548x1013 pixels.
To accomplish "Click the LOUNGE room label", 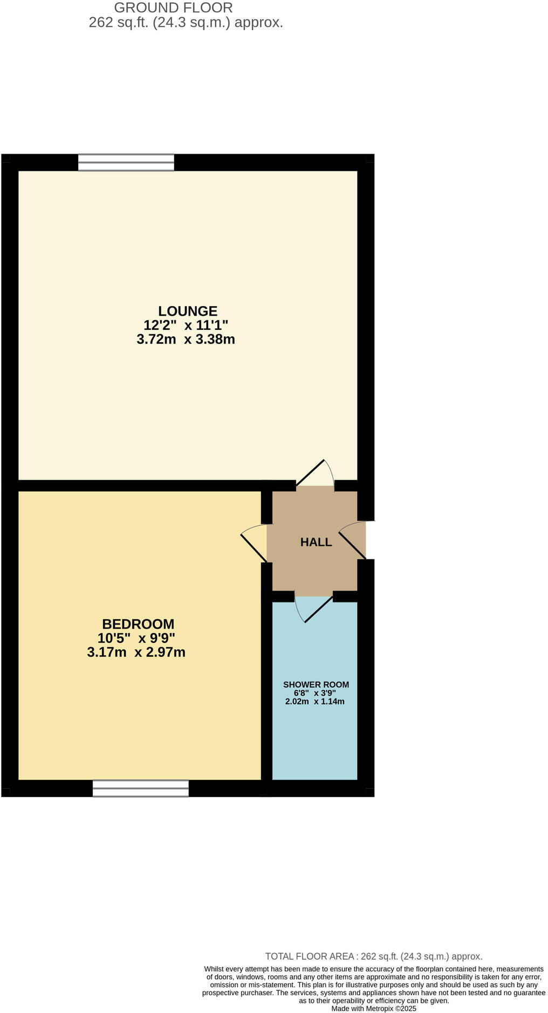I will click(x=187, y=311).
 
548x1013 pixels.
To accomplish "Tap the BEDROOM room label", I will click(x=138, y=624).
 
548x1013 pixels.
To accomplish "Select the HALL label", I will click(x=316, y=542).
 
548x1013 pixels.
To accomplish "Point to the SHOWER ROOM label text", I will click(x=316, y=684).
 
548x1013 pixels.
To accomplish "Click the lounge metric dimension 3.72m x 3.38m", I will click(x=186, y=339).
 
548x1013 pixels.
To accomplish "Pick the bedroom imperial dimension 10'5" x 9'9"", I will click(x=136, y=639).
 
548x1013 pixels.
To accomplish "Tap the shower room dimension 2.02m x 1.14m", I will click(x=314, y=702).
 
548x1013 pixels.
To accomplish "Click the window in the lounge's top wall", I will click(x=126, y=162).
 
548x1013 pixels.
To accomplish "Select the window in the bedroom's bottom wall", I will click(x=141, y=788).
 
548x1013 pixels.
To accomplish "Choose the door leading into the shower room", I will click(x=314, y=608).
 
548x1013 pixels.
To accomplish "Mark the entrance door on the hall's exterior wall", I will click(x=354, y=540).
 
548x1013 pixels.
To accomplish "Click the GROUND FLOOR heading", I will click(x=173, y=8).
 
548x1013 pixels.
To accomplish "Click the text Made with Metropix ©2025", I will click(x=374, y=1009).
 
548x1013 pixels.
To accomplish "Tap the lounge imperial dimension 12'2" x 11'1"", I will click(x=186, y=325).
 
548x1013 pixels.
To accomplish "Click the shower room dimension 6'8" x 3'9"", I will click(x=314, y=693).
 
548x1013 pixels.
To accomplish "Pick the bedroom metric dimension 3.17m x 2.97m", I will click(x=136, y=653).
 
